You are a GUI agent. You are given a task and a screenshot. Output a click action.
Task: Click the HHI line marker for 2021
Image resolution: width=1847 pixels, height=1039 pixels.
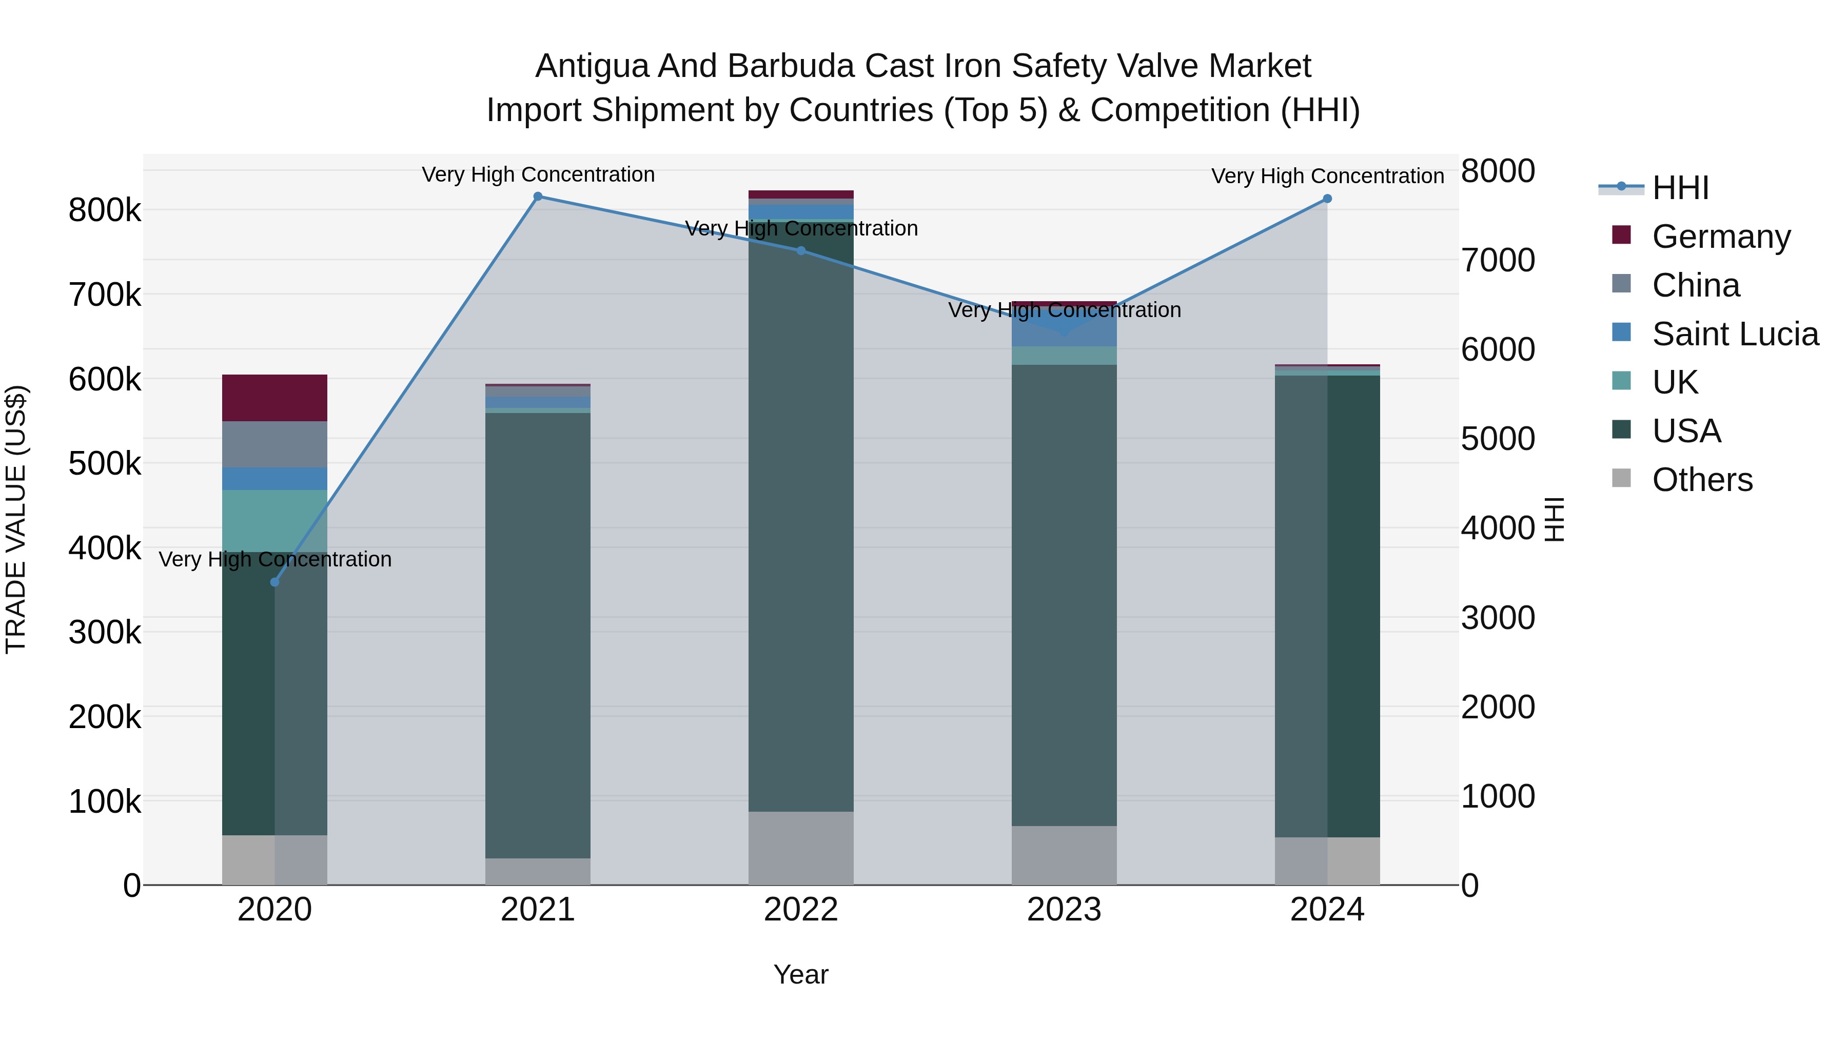point(538,197)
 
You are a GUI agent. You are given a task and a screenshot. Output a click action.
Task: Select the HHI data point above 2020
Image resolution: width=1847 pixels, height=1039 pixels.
point(274,582)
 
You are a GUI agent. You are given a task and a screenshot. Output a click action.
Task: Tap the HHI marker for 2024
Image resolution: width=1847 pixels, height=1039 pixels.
point(1327,199)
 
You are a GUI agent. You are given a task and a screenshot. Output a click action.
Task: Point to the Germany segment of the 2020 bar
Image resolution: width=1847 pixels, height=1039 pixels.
point(274,398)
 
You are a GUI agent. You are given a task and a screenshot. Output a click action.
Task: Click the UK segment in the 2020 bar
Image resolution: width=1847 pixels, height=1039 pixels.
point(274,521)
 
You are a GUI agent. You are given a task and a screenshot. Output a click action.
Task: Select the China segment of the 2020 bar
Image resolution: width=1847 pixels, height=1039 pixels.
point(274,444)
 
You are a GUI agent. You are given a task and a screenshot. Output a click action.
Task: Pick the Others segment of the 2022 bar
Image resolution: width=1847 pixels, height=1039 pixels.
point(801,848)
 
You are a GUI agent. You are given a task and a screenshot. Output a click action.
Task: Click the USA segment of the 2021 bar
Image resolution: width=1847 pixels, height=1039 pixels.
point(538,635)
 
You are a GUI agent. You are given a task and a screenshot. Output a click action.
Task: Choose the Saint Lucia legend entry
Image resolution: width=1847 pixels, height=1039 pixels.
point(1735,334)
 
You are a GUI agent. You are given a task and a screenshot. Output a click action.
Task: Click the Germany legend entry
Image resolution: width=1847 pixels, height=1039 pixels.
point(1721,237)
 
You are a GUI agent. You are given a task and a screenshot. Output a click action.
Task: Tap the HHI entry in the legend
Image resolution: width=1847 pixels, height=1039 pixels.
point(1680,188)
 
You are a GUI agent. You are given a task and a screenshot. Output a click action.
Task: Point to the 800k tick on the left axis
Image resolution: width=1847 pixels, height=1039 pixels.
point(105,211)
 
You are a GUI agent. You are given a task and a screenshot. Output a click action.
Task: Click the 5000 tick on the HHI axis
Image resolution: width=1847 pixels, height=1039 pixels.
point(1498,439)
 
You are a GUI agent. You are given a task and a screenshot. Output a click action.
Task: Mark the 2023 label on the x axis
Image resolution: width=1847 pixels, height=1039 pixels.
point(1064,910)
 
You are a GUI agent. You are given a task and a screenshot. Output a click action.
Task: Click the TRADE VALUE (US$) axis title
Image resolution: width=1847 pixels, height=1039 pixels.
point(16,519)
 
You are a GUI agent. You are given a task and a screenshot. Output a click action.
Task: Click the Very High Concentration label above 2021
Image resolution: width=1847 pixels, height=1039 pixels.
point(538,174)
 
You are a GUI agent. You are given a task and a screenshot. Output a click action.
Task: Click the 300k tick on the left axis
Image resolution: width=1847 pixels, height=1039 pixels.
point(105,633)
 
